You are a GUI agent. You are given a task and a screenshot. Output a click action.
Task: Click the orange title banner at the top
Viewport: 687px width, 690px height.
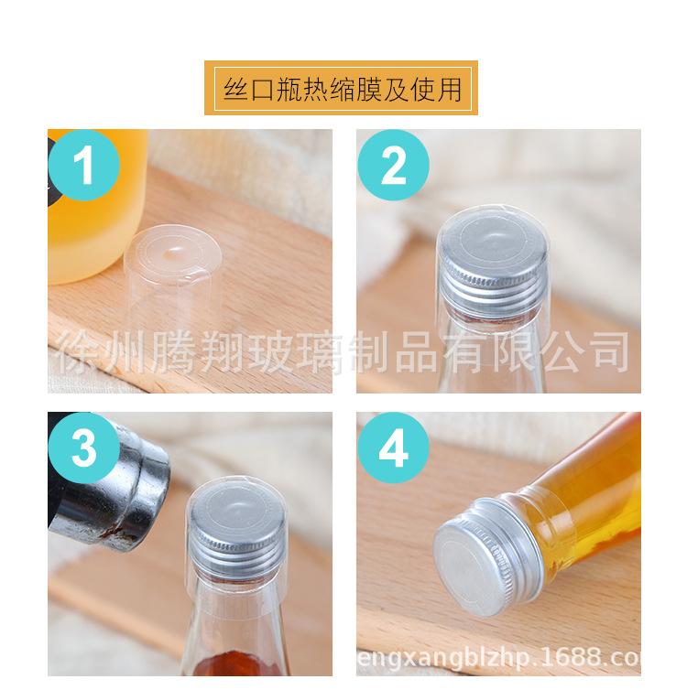[341, 88]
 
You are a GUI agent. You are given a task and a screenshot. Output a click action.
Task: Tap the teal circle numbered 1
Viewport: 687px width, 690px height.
[84, 166]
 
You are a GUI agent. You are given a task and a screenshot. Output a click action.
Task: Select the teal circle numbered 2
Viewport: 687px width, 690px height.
[394, 166]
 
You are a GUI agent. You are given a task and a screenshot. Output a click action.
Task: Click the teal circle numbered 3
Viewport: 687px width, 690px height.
[84, 450]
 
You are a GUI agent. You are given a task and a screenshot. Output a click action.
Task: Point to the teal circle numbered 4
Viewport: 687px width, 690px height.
[394, 450]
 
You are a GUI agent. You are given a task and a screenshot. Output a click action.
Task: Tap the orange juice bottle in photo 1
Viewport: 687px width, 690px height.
[92, 238]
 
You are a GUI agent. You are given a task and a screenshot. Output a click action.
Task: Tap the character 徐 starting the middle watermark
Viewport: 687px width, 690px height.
[79, 350]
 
